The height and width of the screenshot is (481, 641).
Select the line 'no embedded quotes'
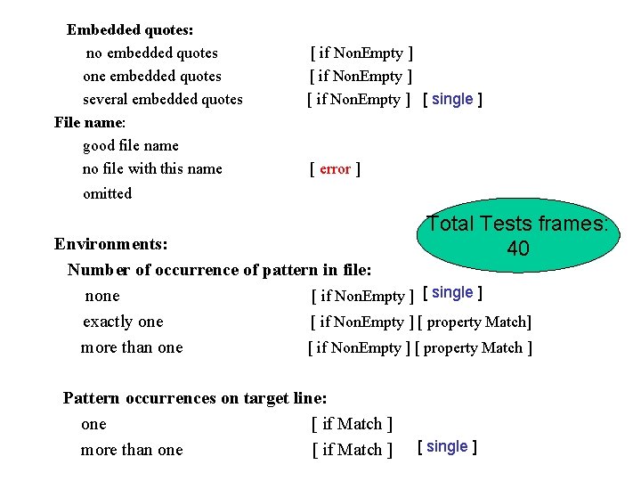coord(151,53)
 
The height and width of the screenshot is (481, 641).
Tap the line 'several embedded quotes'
coord(162,99)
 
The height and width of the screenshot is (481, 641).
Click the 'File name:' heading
coord(90,122)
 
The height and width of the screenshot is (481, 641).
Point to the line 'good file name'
coord(130,145)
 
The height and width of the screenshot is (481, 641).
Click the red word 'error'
coord(335,169)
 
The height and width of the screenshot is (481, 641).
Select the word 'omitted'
coord(107,193)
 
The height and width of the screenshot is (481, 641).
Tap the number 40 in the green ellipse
coord(517,249)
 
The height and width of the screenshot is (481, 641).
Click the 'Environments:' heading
coord(111,243)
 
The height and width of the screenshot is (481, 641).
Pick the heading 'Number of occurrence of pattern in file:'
coord(219,269)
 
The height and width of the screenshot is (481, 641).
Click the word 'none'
coord(101,296)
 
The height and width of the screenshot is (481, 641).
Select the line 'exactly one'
coord(123,322)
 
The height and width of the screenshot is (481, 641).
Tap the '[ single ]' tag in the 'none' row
coord(452,293)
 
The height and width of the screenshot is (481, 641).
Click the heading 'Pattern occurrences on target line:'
coord(195,398)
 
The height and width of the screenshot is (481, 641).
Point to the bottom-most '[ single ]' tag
coord(447,446)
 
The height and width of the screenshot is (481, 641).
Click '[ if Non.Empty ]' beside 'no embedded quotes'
coord(361,53)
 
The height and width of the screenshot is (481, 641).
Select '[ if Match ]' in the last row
coord(353,450)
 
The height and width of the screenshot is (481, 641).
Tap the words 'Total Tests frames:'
coord(516,224)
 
